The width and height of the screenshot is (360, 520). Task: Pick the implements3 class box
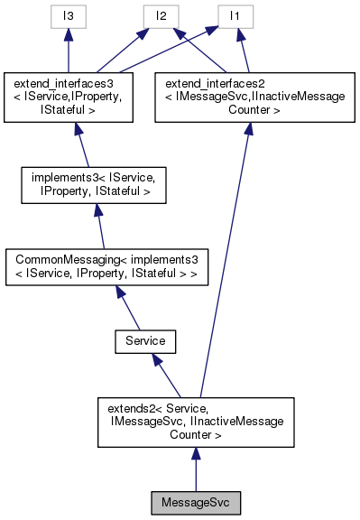click(84, 186)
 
